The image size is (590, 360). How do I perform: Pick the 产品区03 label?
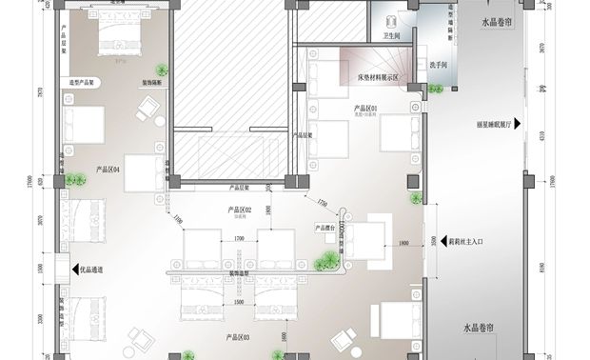[x=237, y=337]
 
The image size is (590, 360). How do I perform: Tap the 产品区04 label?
[x=108, y=170]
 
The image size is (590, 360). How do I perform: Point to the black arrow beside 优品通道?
[x=71, y=270]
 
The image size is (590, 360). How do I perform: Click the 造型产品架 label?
[x=85, y=83]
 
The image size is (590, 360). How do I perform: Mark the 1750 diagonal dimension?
[x=323, y=203]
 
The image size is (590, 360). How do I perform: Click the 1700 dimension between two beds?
[x=239, y=237]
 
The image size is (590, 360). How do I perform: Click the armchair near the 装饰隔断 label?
[x=147, y=113]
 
